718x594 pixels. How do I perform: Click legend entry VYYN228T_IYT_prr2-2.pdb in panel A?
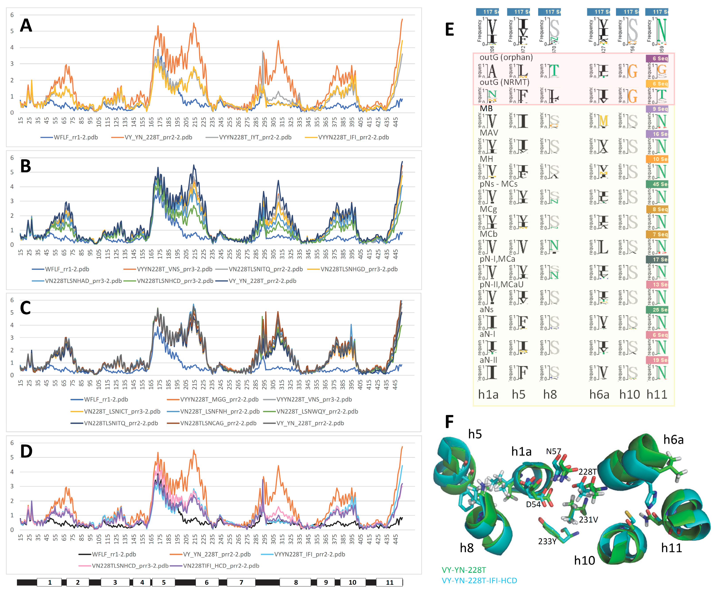tap(255, 137)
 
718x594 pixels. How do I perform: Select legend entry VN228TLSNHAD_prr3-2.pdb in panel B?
tap(83, 281)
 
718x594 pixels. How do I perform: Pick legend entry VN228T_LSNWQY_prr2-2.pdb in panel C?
tap(317, 411)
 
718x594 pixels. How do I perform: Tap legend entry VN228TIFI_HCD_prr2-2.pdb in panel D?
tap(221, 566)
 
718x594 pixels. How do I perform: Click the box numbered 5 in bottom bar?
tap(164, 582)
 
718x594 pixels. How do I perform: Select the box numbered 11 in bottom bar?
tap(389, 582)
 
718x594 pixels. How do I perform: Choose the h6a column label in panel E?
tap(599, 394)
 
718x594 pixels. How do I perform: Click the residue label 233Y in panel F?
tap(547, 541)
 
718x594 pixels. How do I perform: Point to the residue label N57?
tap(553, 451)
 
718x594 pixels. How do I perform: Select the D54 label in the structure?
tap(533, 504)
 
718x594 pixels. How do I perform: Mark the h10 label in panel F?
tap(584, 561)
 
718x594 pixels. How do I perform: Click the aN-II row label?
tap(488, 360)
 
